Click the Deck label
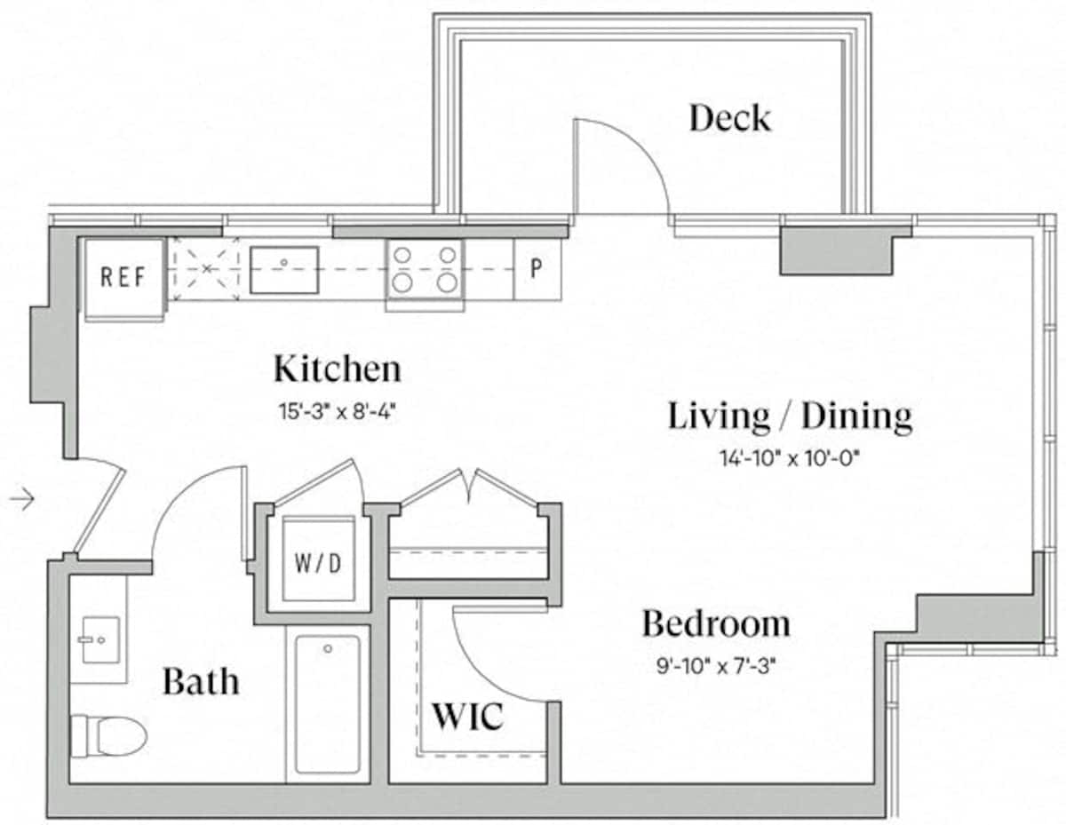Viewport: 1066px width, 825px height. tap(730, 118)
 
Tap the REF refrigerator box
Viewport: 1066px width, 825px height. tap(123, 279)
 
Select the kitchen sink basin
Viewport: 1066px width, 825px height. tap(284, 270)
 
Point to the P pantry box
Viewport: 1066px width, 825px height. tap(537, 269)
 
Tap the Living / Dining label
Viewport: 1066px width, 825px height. tap(790, 416)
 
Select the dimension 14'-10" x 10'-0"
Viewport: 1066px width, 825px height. tap(791, 459)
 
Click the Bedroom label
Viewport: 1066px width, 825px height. tap(716, 624)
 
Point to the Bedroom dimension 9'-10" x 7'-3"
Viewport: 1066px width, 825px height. tap(716, 667)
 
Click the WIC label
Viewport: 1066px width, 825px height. tap(467, 717)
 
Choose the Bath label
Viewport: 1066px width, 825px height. tap(201, 681)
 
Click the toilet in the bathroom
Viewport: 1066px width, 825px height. tap(109, 736)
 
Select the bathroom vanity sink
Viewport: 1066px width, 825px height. tap(100, 640)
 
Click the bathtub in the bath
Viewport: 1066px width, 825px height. tap(328, 704)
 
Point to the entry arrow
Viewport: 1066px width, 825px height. tap(22, 499)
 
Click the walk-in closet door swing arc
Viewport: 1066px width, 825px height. tap(478, 678)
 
